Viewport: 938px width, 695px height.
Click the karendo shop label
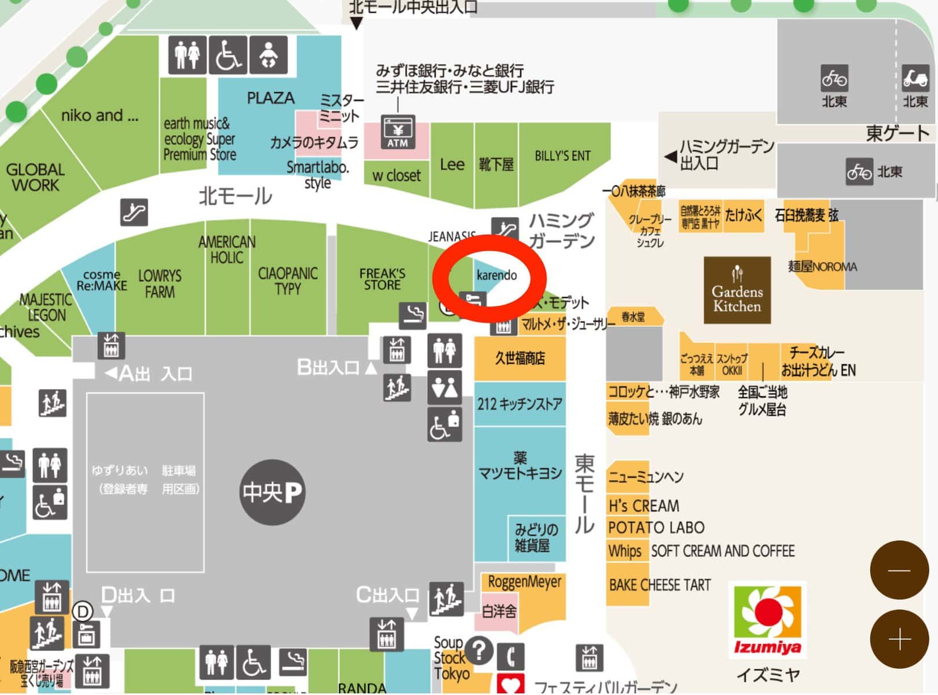pos(496,275)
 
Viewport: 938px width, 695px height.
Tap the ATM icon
pos(398,133)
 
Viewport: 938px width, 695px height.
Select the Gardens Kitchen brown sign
pos(737,290)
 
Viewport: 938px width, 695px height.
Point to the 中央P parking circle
pos(272,492)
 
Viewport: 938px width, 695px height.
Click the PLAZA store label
pos(270,98)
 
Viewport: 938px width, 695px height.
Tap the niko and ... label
pos(100,116)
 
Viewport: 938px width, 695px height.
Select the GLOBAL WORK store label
pos(35,177)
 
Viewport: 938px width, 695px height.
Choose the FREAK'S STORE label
pos(382,279)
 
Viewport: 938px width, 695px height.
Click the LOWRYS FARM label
pos(160,283)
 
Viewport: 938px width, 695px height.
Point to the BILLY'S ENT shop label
pos(562,156)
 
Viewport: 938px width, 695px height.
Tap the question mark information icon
pos(479,650)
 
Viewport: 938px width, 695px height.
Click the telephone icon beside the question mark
pos(510,656)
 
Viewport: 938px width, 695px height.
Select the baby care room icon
pos(268,55)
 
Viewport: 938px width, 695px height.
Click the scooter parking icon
pos(915,78)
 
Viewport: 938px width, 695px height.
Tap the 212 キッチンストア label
pos(519,404)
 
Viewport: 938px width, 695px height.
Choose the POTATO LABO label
pos(656,528)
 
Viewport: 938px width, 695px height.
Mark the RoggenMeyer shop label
pos(524,582)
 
